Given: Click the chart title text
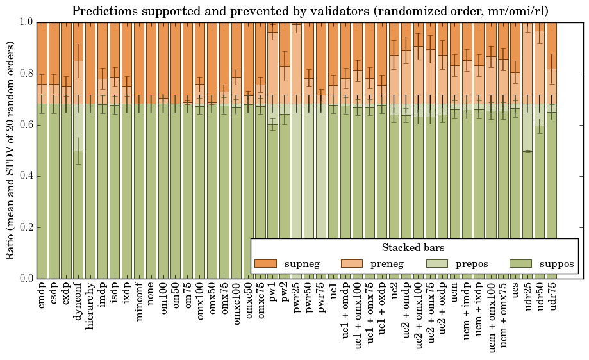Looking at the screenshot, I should pyautogui.click(x=310, y=12).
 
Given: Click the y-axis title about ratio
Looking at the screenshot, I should pyautogui.click(x=11, y=150).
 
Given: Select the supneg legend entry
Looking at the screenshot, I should pyautogui.click(x=286, y=264).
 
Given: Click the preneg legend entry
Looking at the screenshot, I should pyautogui.click(x=371, y=264).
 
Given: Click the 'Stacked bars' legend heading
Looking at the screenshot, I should pyautogui.click(x=413, y=248).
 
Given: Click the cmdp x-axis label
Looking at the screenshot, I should pyautogui.click(x=42, y=296).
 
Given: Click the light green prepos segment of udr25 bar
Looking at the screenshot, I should pyautogui.click(x=528, y=127).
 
